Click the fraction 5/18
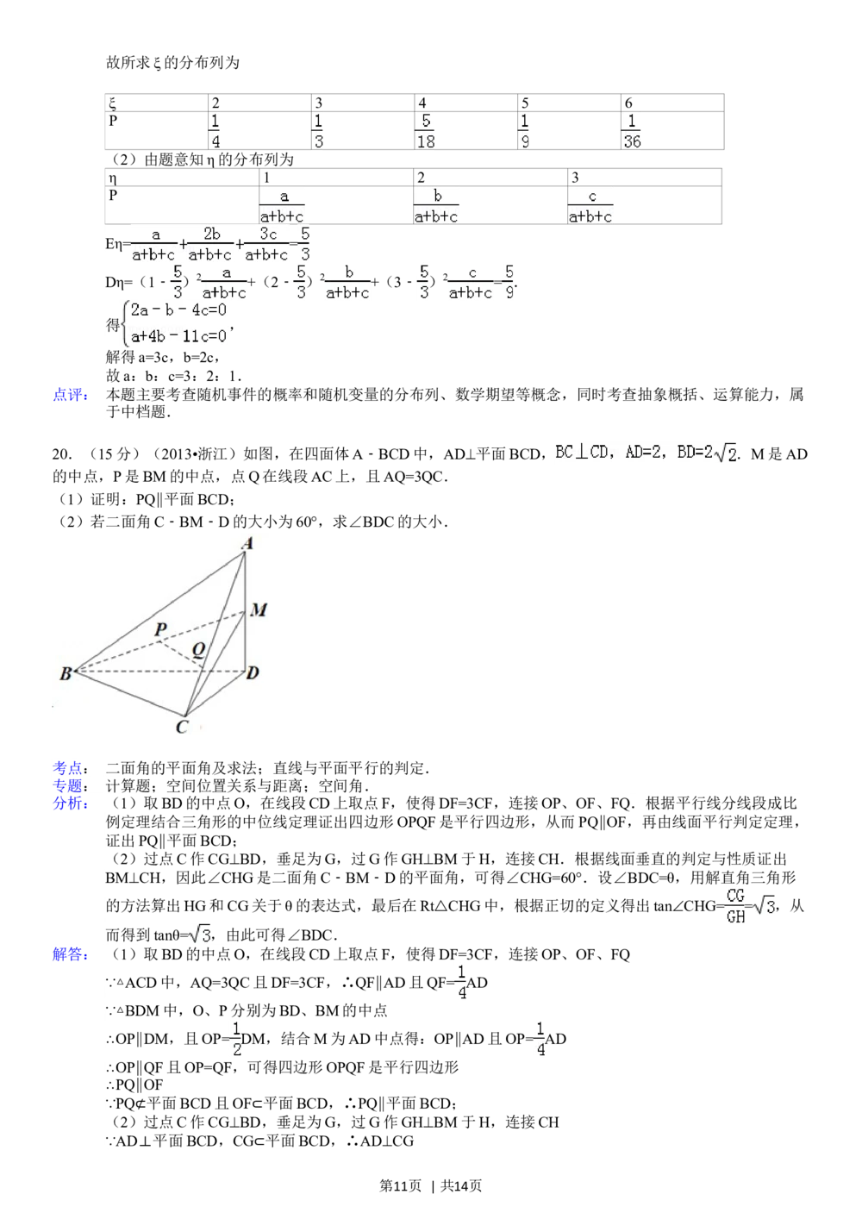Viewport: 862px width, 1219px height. (424, 131)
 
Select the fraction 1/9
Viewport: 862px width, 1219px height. (524, 131)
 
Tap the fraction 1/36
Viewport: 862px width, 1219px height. (631, 131)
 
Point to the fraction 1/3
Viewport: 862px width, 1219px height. (317, 131)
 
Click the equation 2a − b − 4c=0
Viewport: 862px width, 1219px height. (178, 311)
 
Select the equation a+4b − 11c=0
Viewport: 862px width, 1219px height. (180, 335)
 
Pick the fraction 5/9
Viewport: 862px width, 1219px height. (510, 282)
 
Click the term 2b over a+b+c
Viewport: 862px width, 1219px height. (211, 244)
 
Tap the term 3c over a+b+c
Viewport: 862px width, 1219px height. (267, 244)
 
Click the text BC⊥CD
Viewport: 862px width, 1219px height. (582, 453)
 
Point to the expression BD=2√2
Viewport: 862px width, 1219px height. (707, 453)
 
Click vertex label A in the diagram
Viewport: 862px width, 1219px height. (247, 543)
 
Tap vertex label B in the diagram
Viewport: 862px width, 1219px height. (65, 674)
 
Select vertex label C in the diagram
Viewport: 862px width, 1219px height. (181, 728)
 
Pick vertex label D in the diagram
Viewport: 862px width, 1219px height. (253, 672)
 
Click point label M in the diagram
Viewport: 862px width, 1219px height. (259, 611)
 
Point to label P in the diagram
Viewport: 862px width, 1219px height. (160, 630)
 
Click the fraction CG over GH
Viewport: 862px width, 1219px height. (735, 905)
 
